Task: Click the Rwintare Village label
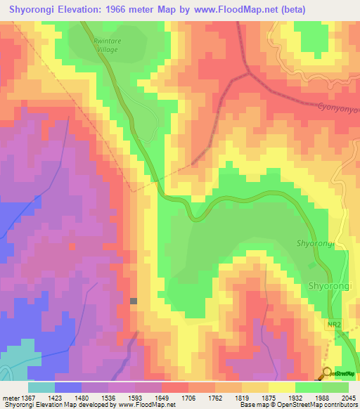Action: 107,45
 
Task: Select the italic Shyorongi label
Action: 314,243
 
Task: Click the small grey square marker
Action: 134,301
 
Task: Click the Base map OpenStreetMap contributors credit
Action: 299,405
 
